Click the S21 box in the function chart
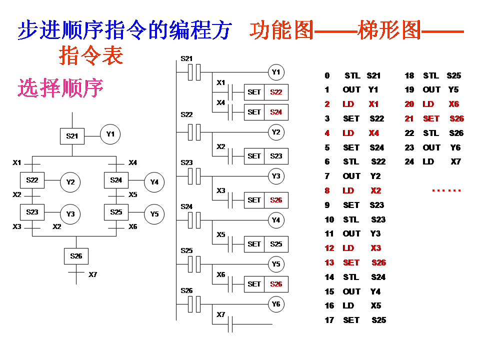72,135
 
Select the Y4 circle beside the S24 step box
154,182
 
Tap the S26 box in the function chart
76,256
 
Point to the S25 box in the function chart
116,212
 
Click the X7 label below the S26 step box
92,274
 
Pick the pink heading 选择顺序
60,88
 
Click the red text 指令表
91,55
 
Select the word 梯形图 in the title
389,30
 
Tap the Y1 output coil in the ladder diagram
275,72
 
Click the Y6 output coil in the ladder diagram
275,304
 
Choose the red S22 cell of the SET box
276,92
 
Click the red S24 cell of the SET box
276,112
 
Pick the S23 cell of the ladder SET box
276,156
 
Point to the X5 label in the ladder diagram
220,234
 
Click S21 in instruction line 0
373,75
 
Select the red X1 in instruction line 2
373,104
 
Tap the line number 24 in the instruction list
409,161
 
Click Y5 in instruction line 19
453,89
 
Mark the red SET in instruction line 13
351,262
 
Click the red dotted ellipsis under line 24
446,190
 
